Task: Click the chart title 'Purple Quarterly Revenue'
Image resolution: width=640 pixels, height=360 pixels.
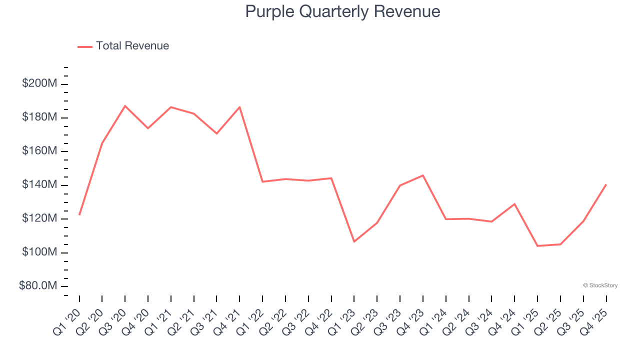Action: [342, 11]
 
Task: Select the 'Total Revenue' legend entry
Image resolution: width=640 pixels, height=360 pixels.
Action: [132, 46]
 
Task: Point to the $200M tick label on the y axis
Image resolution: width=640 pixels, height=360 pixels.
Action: [39, 83]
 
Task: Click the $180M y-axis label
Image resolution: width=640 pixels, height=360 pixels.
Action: [39, 117]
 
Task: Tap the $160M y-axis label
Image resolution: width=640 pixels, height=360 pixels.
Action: [39, 151]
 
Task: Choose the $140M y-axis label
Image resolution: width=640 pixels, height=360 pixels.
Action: [39, 185]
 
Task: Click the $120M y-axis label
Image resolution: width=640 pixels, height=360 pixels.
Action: [39, 218]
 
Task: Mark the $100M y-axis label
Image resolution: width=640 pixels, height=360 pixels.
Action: [39, 252]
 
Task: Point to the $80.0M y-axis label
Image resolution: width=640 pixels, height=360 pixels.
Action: [37, 286]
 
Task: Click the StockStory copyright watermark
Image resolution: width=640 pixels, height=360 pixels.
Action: [600, 285]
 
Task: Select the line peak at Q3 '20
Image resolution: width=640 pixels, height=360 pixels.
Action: [125, 106]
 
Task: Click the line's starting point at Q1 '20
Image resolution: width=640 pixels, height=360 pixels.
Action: [79, 214]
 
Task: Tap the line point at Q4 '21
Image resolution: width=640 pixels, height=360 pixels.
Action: [239, 107]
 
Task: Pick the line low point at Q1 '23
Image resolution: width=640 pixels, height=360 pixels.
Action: [354, 241]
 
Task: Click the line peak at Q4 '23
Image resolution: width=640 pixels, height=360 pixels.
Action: [423, 175]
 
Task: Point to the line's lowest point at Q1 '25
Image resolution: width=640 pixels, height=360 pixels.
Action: [537, 246]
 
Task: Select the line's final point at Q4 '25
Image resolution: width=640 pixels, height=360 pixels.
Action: [606, 184]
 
